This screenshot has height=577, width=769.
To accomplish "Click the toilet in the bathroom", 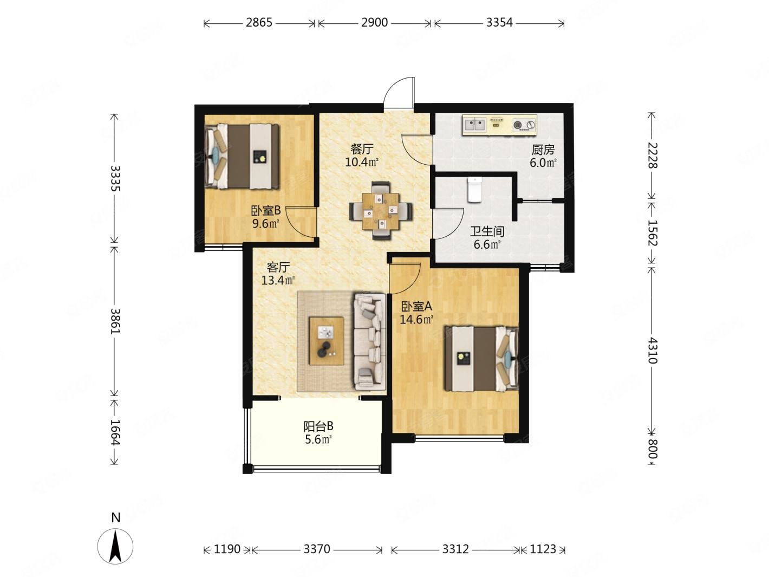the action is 475,189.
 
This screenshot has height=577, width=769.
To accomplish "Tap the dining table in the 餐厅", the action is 381,211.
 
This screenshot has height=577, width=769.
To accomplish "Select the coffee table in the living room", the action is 326,341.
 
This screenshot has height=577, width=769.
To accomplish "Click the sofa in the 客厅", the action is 370,341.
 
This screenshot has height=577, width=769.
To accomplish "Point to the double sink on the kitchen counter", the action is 475,124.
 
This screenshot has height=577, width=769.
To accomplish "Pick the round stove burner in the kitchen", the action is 518,125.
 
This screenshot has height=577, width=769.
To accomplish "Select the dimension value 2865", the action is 259,22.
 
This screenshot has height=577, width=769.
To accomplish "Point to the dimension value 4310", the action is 652,351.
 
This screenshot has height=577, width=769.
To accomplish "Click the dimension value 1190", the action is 227,549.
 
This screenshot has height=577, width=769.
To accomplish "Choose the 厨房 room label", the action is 543,150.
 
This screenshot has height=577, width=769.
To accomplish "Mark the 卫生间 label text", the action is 487,231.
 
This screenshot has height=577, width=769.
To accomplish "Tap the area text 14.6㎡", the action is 416,320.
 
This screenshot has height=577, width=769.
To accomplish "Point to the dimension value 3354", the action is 499,22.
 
